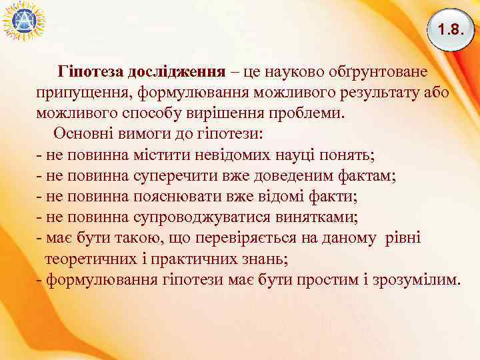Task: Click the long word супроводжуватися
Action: (182, 217)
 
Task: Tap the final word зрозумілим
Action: (417, 279)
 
